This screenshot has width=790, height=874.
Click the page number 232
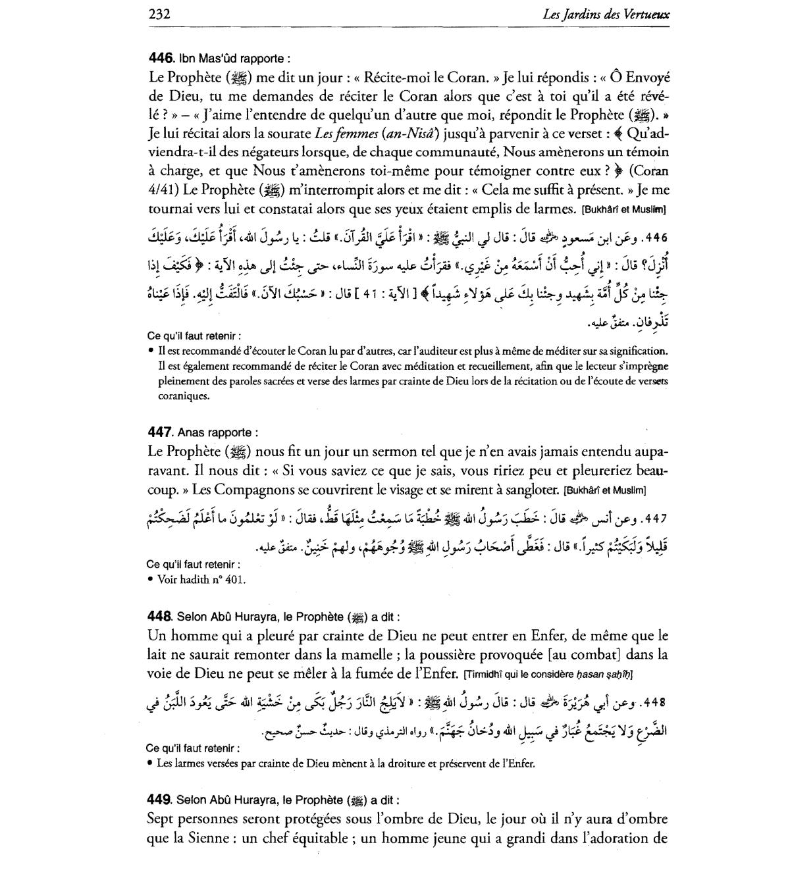click(x=160, y=14)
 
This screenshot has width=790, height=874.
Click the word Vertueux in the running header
click(x=645, y=14)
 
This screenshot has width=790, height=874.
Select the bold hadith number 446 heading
click(x=160, y=57)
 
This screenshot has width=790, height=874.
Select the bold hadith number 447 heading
click(x=160, y=432)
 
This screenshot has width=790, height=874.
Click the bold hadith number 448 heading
click(x=160, y=617)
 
